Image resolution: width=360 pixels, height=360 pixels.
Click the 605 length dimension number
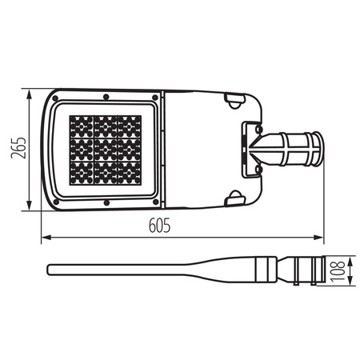coord(160,227)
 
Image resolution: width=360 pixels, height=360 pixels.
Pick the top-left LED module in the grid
coord(82,126)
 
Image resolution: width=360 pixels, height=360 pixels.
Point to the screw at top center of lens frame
coord(106,96)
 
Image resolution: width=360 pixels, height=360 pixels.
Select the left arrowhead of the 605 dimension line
coord(45,237)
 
